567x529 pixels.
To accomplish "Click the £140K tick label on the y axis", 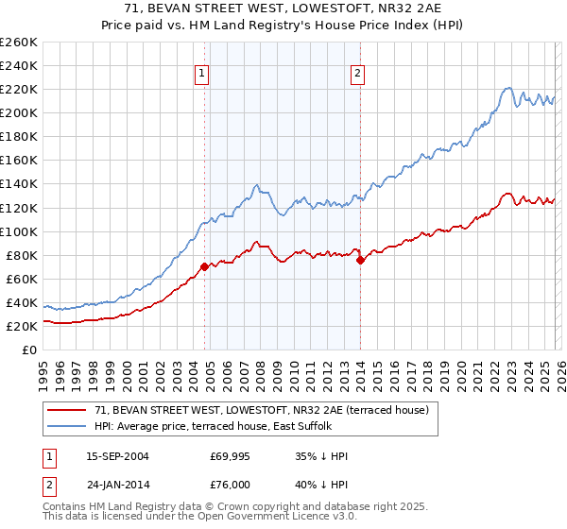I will [x=18, y=183].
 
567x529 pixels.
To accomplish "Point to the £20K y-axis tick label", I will [x=21, y=326].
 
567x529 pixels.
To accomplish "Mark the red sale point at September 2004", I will [x=204, y=266].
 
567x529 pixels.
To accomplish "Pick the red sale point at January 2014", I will [x=360, y=260].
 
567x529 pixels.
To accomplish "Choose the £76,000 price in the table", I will [x=230, y=484].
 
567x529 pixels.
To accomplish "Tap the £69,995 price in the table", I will [x=230, y=457].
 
